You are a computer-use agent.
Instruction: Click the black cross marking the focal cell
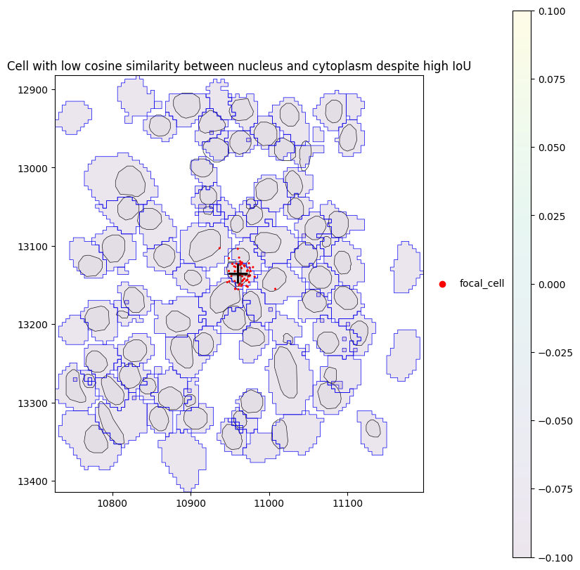[238, 272]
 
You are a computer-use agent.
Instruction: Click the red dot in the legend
[442, 284]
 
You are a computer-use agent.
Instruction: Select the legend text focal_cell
[482, 284]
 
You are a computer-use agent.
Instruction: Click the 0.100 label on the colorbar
[554, 11]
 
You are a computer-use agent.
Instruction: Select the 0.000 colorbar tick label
[554, 284]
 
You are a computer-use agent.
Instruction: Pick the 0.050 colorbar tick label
[554, 148]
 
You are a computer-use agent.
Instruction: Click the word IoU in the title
[460, 67]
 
